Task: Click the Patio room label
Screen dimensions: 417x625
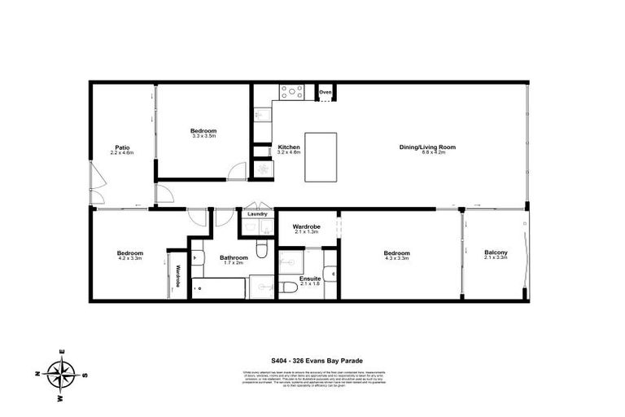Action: [x=122, y=147]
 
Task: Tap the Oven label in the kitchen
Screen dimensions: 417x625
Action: [x=326, y=93]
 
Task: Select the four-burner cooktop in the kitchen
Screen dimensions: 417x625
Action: [x=292, y=92]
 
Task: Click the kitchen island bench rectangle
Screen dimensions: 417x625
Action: [x=321, y=157]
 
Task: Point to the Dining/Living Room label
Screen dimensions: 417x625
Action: [x=427, y=147]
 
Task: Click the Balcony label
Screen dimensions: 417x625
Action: [x=496, y=252]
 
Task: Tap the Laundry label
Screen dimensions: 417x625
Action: [x=257, y=215]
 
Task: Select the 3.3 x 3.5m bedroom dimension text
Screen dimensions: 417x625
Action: [x=203, y=137]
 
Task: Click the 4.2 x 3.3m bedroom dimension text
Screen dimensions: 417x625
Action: [x=129, y=258]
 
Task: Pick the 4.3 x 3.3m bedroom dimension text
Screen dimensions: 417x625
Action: [x=397, y=259]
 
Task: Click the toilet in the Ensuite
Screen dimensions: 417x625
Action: [x=287, y=288]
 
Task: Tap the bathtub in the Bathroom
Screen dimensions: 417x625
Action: [x=217, y=289]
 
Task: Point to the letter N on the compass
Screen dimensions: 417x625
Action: [x=37, y=375]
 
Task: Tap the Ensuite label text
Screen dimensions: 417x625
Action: [x=310, y=279]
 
